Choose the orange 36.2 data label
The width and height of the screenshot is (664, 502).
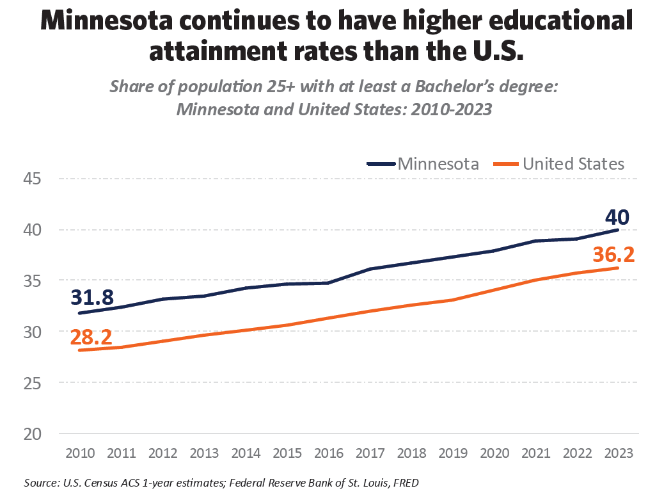(613, 255)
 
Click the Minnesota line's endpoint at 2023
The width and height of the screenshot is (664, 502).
(617, 230)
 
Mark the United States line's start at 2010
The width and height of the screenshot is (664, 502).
(78, 350)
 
